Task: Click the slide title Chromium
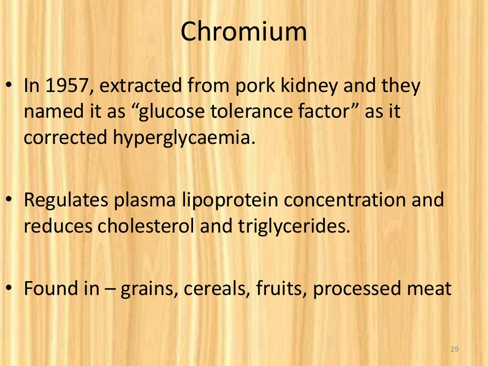(244, 32)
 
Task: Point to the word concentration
(344, 200)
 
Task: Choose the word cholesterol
(146, 226)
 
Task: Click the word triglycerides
(291, 226)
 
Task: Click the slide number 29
(454, 350)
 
